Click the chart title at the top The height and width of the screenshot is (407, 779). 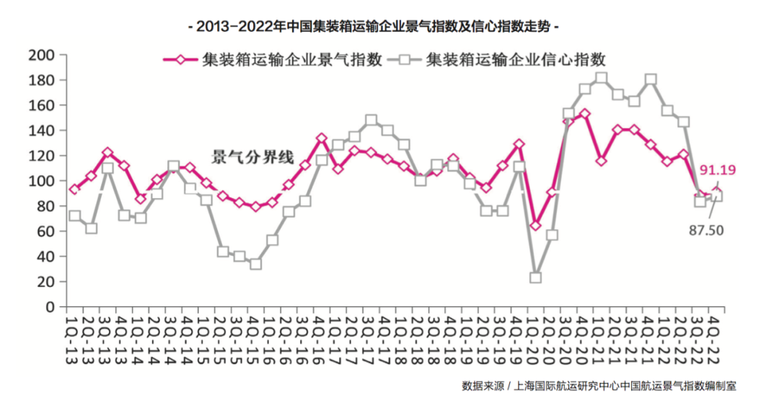point(373,27)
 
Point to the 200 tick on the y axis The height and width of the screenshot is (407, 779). point(40,55)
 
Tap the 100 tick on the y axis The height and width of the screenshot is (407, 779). point(40,181)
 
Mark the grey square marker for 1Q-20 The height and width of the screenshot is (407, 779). point(535,277)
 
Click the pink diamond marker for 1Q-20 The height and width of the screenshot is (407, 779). point(535,225)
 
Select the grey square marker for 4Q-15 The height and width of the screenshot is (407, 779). point(255,264)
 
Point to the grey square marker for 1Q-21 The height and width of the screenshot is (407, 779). point(602,78)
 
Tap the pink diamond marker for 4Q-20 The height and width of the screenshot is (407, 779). point(585,114)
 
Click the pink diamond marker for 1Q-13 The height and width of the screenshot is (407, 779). point(74,189)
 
